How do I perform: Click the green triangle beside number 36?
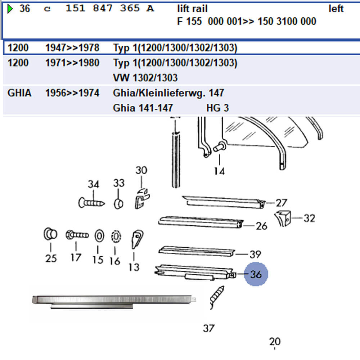pyautogui.click(x=10, y=9)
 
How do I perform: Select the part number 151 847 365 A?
pyautogui.click(x=109, y=9)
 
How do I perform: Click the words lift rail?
pyautogui.click(x=193, y=9)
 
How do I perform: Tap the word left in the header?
pyautogui.click(x=336, y=9)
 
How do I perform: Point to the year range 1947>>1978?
pyautogui.click(x=72, y=48)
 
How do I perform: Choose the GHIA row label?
pyautogui.click(x=19, y=93)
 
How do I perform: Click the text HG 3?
pyautogui.click(x=217, y=108)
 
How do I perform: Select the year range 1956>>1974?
pyautogui.click(x=72, y=93)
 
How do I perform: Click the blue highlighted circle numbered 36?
pyautogui.click(x=256, y=274)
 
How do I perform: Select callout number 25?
pyautogui.click(x=51, y=258)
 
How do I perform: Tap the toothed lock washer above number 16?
pyautogui.click(x=115, y=237)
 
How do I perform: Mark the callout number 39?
pyautogui.click(x=255, y=255)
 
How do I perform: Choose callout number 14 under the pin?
pyautogui.click(x=219, y=171)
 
